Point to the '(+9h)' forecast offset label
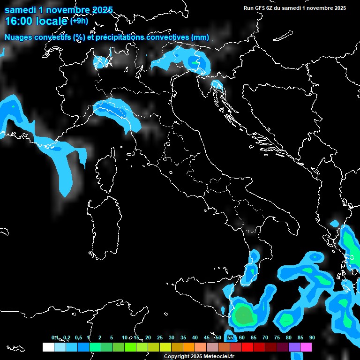pyautogui.click(x=79, y=21)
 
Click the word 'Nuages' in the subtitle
pyautogui.click(x=19, y=37)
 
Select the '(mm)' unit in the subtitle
pyautogui.click(x=201, y=37)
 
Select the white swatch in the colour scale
pyautogui.click(x=48, y=347)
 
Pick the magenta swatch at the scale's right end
pyautogui.click(x=306, y=347)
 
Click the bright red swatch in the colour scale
pyautogui.click(x=247, y=347)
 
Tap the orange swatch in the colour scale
pyautogui.click(x=189, y=347)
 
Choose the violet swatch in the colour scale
pyautogui.click(x=294, y=347)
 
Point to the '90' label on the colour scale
pyautogui.click(x=312, y=337)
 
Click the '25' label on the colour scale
pyautogui.click(x=159, y=337)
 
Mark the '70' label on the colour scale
pyautogui.click(x=265, y=337)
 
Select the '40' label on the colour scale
pyautogui.click(x=195, y=337)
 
